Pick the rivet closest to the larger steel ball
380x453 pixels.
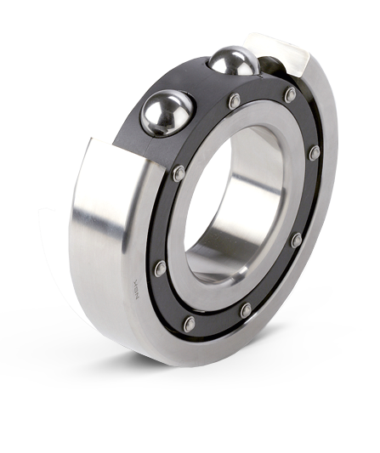178,173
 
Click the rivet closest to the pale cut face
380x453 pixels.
291,94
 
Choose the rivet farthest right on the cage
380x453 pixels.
314,154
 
